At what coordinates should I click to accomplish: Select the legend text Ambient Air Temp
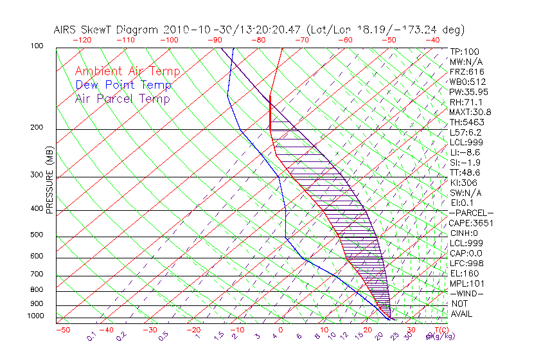point(127,72)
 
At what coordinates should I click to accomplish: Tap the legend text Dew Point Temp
point(123,85)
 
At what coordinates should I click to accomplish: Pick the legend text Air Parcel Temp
point(123,99)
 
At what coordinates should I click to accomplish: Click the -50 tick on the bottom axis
point(62,330)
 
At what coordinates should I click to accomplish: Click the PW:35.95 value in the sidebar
point(466,92)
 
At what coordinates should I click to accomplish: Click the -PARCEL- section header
point(471,213)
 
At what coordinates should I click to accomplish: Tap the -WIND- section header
point(467,294)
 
